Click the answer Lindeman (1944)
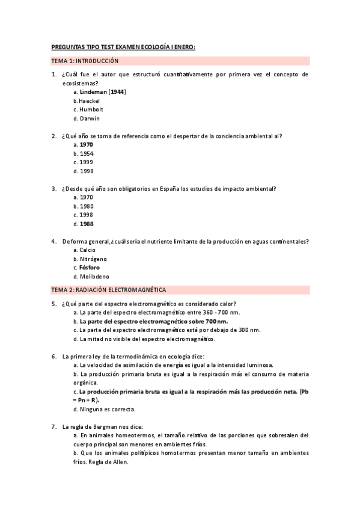point(103,92)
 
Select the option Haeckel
point(90,101)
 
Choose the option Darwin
point(90,118)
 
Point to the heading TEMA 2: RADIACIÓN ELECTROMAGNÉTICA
point(109,290)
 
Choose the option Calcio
point(88,250)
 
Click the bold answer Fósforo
point(90,268)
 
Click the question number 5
point(53,304)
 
